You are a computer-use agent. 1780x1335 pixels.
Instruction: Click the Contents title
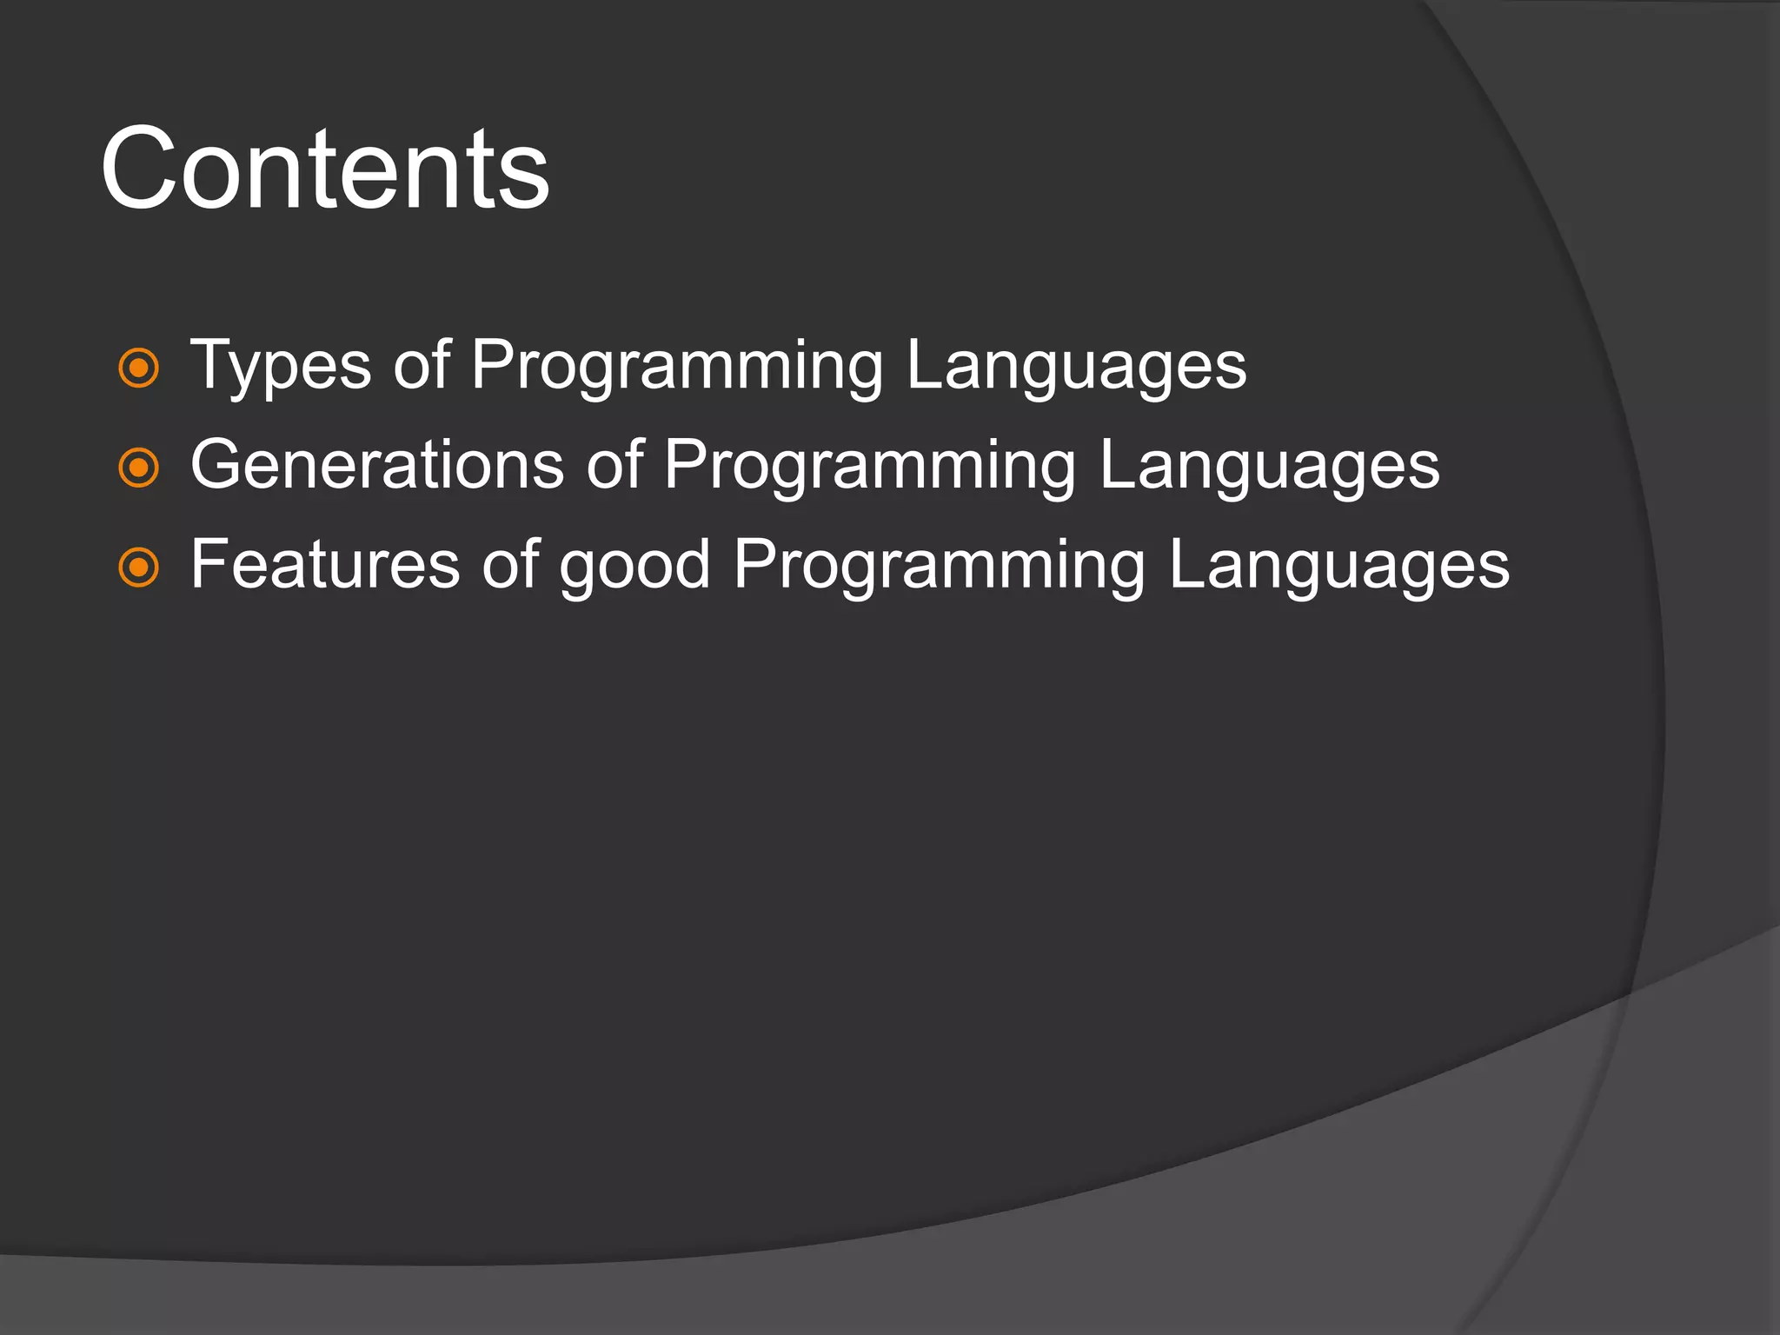[325, 169]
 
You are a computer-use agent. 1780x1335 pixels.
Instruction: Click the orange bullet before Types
[138, 368]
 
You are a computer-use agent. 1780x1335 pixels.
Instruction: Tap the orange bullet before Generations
[138, 468]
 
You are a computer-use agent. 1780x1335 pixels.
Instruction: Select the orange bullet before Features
[138, 568]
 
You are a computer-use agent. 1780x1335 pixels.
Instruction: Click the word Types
[281, 367]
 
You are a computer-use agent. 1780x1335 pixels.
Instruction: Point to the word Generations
[377, 465]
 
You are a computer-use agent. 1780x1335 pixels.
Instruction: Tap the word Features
[325, 565]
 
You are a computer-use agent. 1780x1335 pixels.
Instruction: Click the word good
[634, 567]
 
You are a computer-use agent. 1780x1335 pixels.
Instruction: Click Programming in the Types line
[677, 367]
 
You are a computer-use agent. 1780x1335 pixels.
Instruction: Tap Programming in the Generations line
[870, 467]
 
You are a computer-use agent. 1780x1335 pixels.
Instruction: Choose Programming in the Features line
[940, 567]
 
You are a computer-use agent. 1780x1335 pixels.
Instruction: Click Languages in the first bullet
[1076, 367]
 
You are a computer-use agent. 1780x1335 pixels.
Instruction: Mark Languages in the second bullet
[1269, 467]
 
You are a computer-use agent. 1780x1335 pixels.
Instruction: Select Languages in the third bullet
[1338, 567]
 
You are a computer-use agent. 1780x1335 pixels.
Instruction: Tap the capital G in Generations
[217, 465]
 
